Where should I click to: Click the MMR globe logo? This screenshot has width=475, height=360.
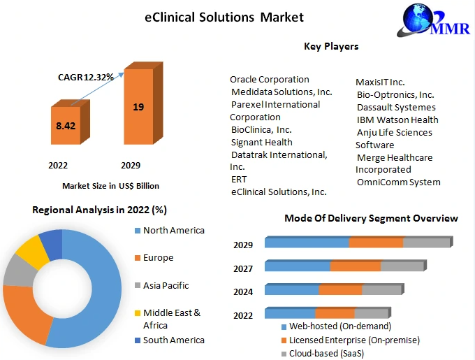pos(433,20)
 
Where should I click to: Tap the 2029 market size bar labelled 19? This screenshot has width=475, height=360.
pos(143,103)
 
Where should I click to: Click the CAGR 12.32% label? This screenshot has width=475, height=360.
pos(86,78)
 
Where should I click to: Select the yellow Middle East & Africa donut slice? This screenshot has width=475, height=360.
pos(32,252)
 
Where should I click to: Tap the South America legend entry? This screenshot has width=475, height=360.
pos(170,340)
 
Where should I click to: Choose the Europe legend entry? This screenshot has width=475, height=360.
pos(154,257)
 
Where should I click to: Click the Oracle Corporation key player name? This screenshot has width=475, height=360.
pos(270,80)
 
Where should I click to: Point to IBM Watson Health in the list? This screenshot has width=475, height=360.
pos(397,120)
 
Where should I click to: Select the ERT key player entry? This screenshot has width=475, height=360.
pos(239,180)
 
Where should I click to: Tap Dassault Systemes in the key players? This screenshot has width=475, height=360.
pos(396,107)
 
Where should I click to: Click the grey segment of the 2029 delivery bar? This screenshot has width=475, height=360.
pos(427,242)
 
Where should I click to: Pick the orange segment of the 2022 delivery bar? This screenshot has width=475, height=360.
pos(335,312)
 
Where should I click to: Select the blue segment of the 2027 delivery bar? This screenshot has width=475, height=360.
pos(298,266)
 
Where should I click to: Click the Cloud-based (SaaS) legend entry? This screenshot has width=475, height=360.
pos(323,353)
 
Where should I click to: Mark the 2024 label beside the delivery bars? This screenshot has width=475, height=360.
pos(243,291)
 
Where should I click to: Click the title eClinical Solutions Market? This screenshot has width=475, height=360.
pos(224,17)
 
